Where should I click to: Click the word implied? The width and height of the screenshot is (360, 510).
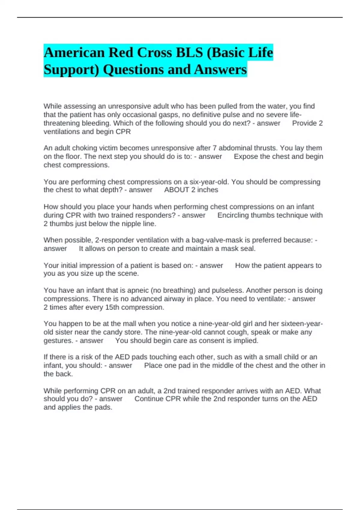246,340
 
